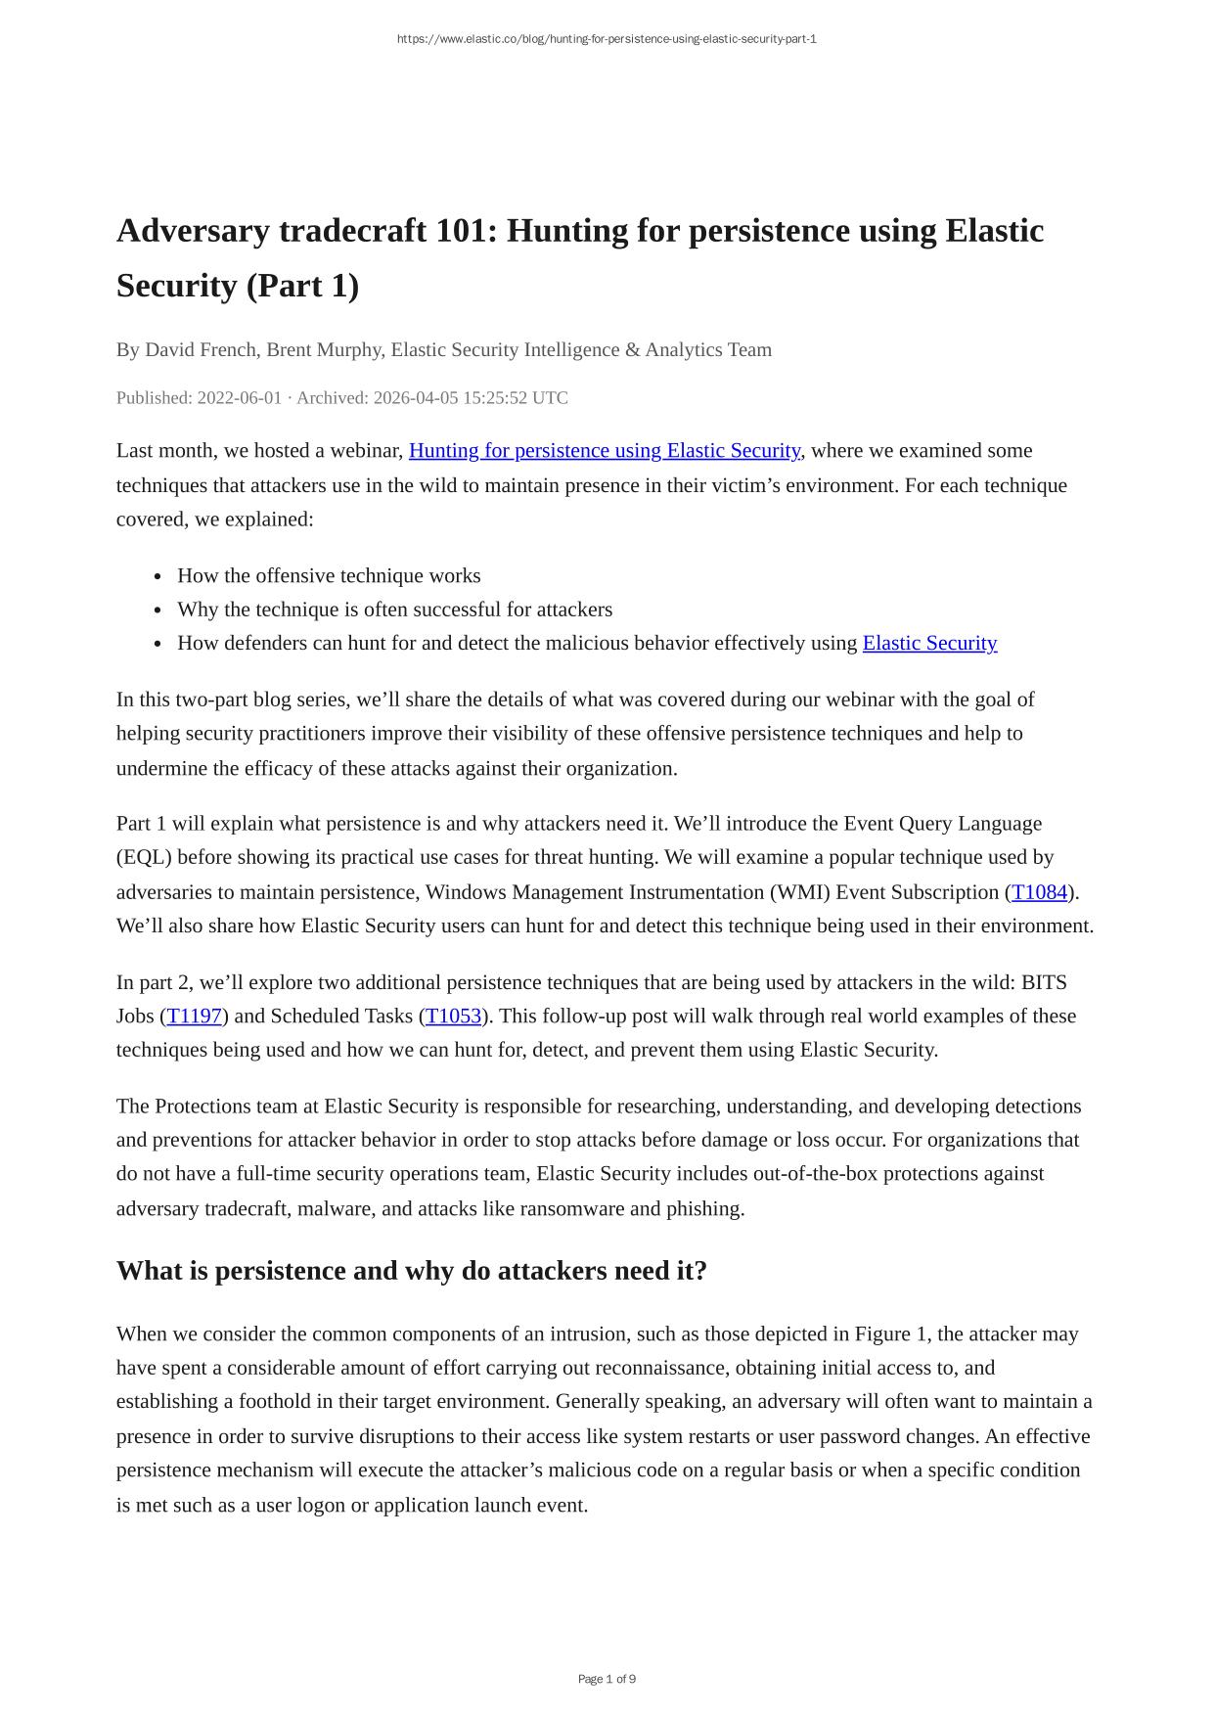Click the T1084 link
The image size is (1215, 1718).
1039,892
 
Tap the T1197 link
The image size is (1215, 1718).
194,1016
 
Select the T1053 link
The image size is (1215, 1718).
453,1016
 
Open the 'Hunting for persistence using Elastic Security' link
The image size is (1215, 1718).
604,451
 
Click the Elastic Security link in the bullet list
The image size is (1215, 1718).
929,643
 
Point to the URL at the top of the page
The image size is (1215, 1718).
607,39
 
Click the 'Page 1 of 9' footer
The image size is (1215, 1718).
607,1679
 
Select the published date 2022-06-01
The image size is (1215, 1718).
240,398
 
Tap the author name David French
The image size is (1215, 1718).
201,350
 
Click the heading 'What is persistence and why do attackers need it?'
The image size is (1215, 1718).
411,1271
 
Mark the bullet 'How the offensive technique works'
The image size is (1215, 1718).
329,576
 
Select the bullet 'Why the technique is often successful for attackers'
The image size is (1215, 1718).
394,610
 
